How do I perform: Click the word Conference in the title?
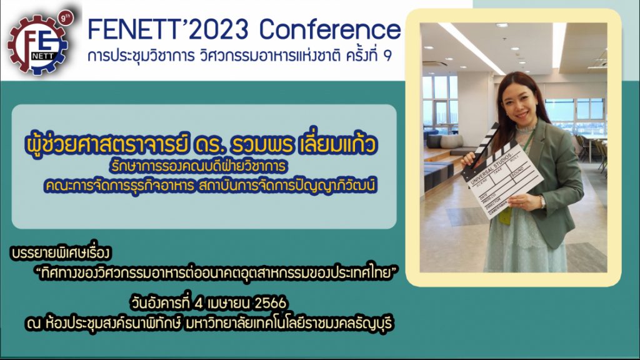click(x=330, y=29)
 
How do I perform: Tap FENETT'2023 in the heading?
click(x=168, y=29)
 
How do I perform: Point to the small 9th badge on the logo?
click(x=65, y=18)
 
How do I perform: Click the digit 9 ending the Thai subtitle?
click(x=387, y=56)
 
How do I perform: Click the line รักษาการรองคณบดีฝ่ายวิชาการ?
click(x=198, y=166)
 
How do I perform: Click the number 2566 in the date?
click(x=270, y=303)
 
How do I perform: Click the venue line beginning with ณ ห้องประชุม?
click(x=209, y=323)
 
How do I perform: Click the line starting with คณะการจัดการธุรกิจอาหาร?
click(x=210, y=185)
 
